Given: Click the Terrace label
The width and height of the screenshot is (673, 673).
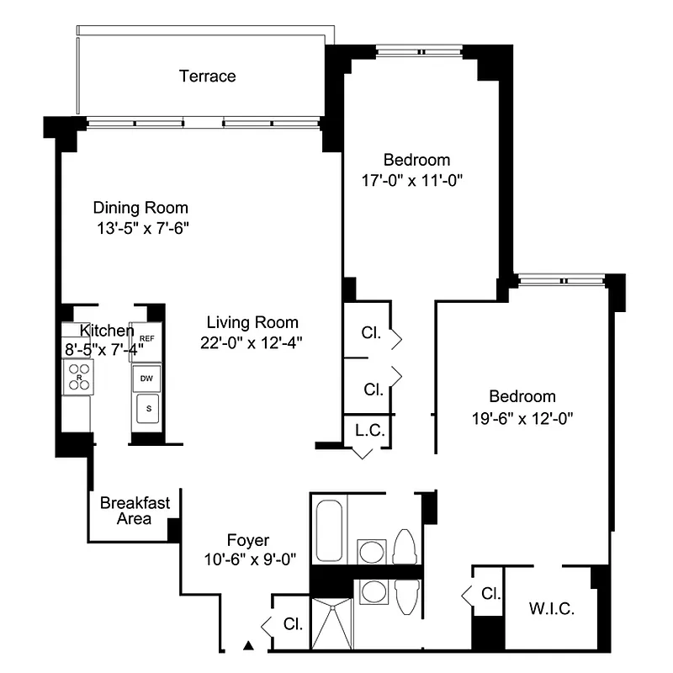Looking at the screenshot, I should pyautogui.click(x=207, y=77).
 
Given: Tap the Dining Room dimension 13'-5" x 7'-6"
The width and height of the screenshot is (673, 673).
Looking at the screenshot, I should pyautogui.click(x=140, y=229).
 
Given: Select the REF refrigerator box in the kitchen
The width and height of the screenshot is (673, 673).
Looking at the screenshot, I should pyautogui.click(x=146, y=339).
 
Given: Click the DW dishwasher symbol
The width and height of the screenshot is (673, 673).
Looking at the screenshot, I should pyautogui.click(x=146, y=379).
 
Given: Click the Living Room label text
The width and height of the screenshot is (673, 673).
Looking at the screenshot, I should pyautogui.click(x=252, y=322).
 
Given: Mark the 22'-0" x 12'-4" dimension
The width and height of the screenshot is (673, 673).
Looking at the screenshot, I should pyautogui.click(x=252, y=342).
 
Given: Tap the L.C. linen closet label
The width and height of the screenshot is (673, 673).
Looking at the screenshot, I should pyautogui.click(x=369, y=430).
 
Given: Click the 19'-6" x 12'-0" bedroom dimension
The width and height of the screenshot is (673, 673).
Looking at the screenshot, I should pyautogui.click(x=522, y=416).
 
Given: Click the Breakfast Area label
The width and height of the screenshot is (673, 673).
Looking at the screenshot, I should pyautogui.click(x=135, y=511).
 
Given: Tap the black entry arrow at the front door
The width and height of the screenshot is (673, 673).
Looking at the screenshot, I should pyautogui.click(x=248, y=646).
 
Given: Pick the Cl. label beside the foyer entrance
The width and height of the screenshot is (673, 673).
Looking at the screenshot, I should pyautogui.click(x=293, y=624).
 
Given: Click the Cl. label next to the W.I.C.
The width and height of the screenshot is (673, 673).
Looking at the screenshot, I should pyautogui.click(x=490, y=594).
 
